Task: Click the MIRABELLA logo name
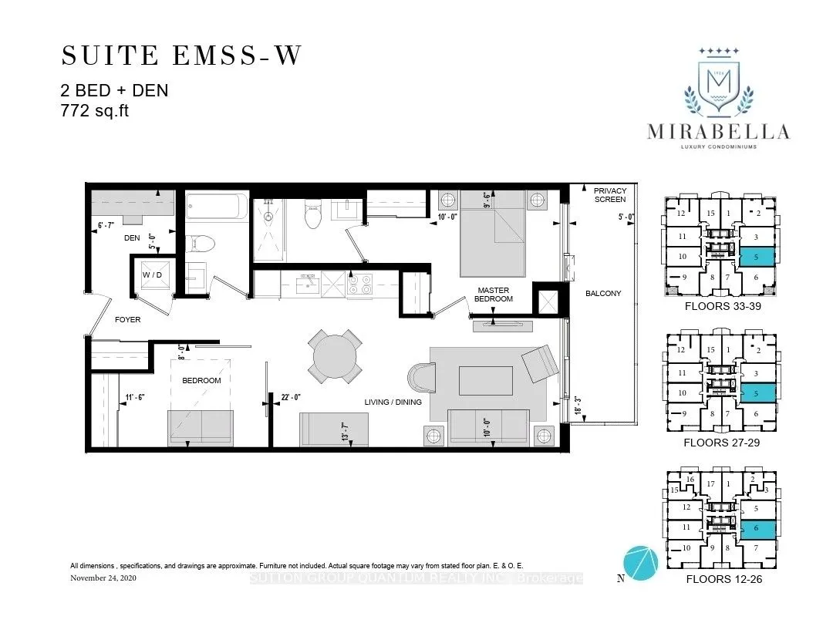[717, 132]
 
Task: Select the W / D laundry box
[150, 275]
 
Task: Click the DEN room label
[132, 238]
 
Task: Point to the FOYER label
[128, 319]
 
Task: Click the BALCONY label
[602, 293]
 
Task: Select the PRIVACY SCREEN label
[610, 195]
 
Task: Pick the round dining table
[336, 356]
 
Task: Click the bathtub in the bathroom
[217, 208]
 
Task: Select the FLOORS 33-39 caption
[723, 306]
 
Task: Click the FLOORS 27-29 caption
[723, 443]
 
